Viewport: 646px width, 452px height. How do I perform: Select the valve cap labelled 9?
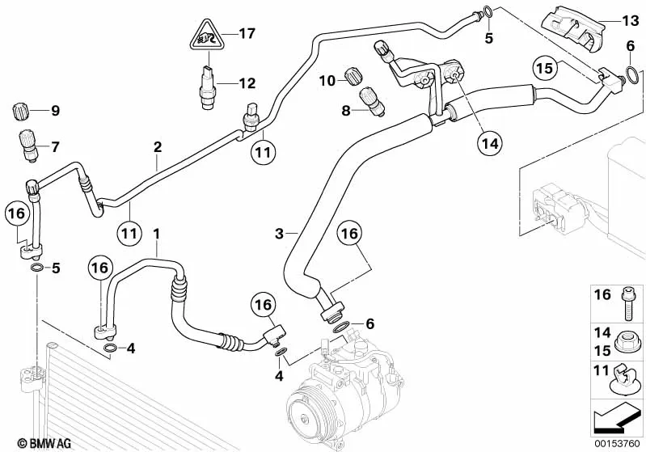click(20, 112)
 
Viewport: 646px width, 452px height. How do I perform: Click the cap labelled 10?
click(353, 76)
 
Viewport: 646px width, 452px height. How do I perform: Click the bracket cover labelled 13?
click(573, 29)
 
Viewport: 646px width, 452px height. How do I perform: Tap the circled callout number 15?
click(545, 68)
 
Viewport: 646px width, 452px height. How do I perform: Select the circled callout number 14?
click(490, 143)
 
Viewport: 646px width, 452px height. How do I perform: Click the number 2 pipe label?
click(158, 147)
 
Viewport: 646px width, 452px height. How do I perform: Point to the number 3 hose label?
click(279, 234)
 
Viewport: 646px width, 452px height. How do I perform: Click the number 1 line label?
click(156, 234)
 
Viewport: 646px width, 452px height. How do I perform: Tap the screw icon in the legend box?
click(627, 303)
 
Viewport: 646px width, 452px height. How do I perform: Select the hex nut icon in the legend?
click(627, 343)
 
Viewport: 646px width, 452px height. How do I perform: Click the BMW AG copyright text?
click(44, 443)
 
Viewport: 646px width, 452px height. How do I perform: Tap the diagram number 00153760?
click(617, 444)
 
